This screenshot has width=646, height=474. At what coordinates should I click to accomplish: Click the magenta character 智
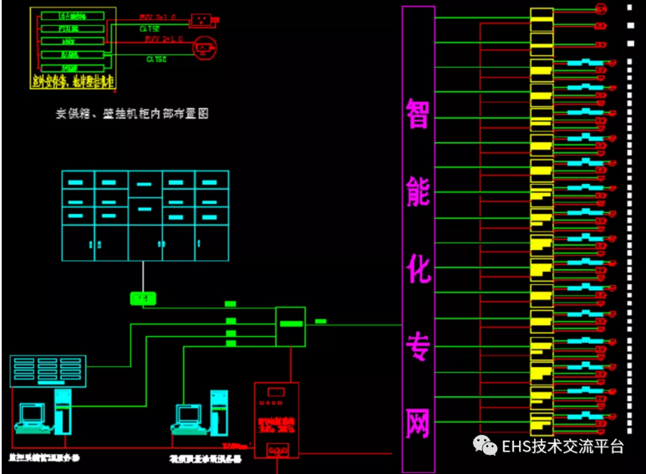(418, 113)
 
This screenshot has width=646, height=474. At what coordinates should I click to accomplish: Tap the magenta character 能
(418, 192)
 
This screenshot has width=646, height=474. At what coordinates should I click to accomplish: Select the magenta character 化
(418, 269)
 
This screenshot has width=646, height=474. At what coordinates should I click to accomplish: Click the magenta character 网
(418, 423)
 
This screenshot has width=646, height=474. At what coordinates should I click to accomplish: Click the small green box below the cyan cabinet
(143, 298)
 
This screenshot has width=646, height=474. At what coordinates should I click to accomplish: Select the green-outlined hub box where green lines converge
(290, 326)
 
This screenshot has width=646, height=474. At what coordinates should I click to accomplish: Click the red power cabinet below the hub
(276, 418)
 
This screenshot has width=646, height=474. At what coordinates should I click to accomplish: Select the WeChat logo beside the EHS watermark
(484, 445)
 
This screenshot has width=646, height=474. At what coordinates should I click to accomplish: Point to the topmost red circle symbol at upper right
(599, 9)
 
